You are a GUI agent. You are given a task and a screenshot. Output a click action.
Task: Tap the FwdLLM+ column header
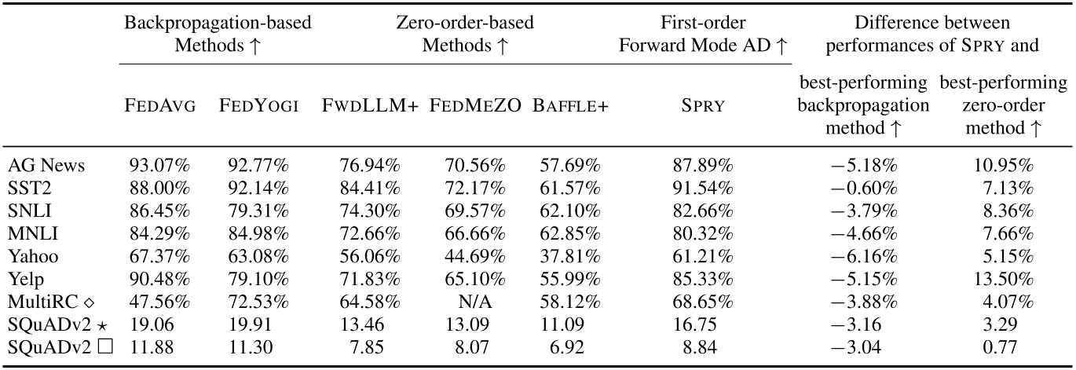click(x=369, y=106)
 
